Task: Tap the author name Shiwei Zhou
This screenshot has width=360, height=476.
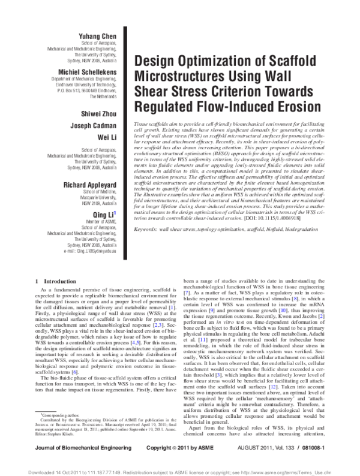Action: [97, 113]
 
